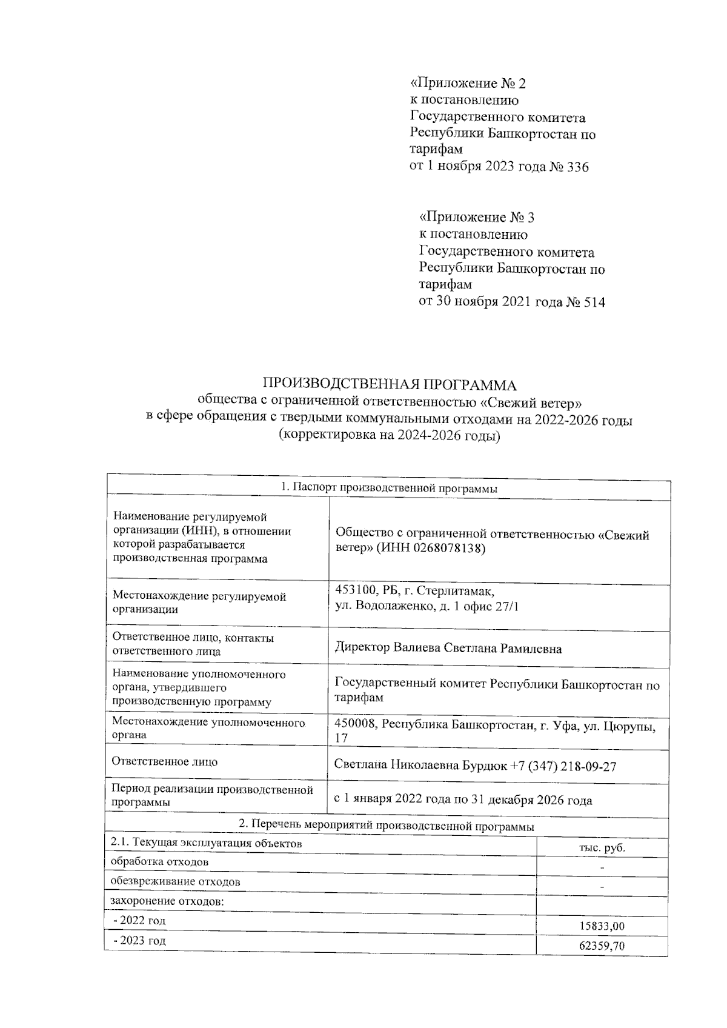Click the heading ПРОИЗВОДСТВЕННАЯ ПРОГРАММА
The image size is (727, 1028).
[389, 385]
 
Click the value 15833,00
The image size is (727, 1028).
[602, 927]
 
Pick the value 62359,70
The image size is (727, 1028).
[602, 946]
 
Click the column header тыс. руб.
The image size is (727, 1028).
[602, 848]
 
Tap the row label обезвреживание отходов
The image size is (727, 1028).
[175, 881]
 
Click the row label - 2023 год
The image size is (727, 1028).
[139, 941]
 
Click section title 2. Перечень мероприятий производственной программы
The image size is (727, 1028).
[387, 826]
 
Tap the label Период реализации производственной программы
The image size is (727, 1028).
[212, 796]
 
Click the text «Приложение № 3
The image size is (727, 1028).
[477, 217]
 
